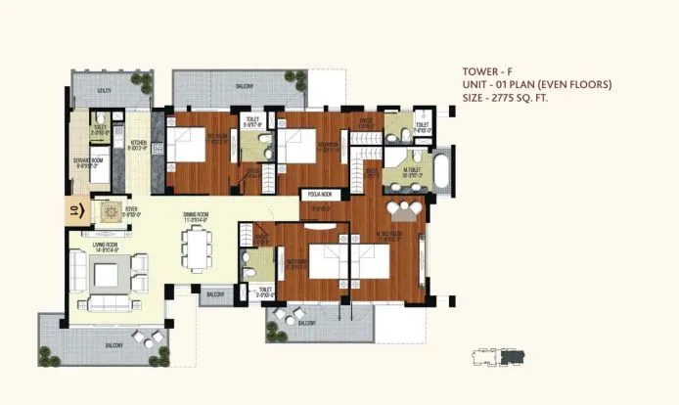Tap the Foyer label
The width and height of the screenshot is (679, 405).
[130, 207]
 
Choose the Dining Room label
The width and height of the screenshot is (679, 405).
[196, 215]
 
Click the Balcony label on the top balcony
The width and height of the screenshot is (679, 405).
[245, 86]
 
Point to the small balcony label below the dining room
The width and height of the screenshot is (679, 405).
[215, 293]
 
